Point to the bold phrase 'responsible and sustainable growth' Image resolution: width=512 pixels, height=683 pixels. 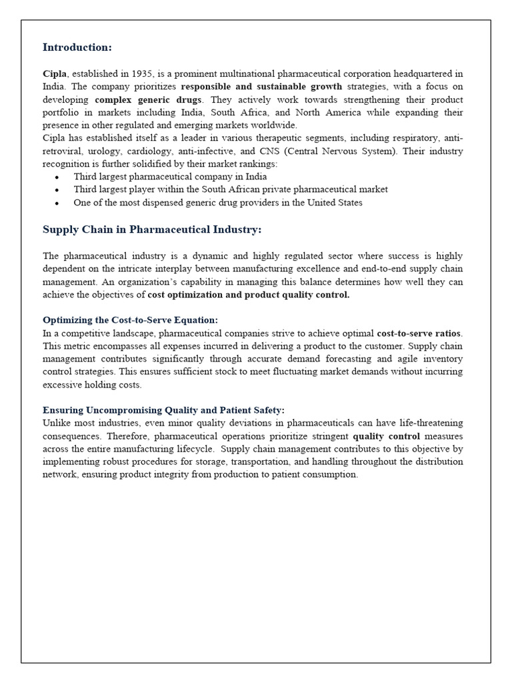pos(261,87)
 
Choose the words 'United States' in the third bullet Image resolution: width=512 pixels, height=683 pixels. pos(335,203)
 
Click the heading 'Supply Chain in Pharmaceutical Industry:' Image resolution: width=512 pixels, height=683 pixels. pos(152,229)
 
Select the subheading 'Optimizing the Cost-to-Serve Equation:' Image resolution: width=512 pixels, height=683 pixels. pos(130,320)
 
